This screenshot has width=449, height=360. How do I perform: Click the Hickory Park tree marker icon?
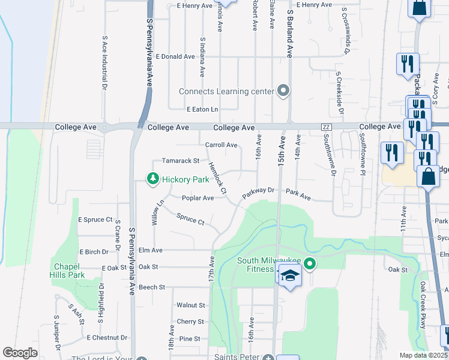click(x=153, y=178)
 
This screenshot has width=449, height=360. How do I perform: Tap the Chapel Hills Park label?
click(x=67, y=270)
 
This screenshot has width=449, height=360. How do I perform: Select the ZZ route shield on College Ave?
click(x=327, y=127)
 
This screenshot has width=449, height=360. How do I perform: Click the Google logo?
click(x=20, y=353)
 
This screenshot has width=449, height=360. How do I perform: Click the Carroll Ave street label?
click(x=221, y=145)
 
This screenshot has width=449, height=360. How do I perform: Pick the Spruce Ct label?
click(x=190, y=219)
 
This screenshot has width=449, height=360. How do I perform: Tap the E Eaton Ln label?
click(x=202, y=109)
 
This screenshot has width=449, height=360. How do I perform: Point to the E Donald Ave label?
click(x=175, y=56)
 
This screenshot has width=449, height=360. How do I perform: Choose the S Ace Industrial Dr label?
click(x=104, y=65)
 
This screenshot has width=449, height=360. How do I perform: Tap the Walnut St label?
click(x=190, y=305)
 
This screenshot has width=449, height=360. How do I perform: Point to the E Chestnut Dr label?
click(x=107, y=338)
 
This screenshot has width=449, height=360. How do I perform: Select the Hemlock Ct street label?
click(x=216, y=178)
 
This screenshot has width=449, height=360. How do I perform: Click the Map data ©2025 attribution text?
click(x=424, y=355)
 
